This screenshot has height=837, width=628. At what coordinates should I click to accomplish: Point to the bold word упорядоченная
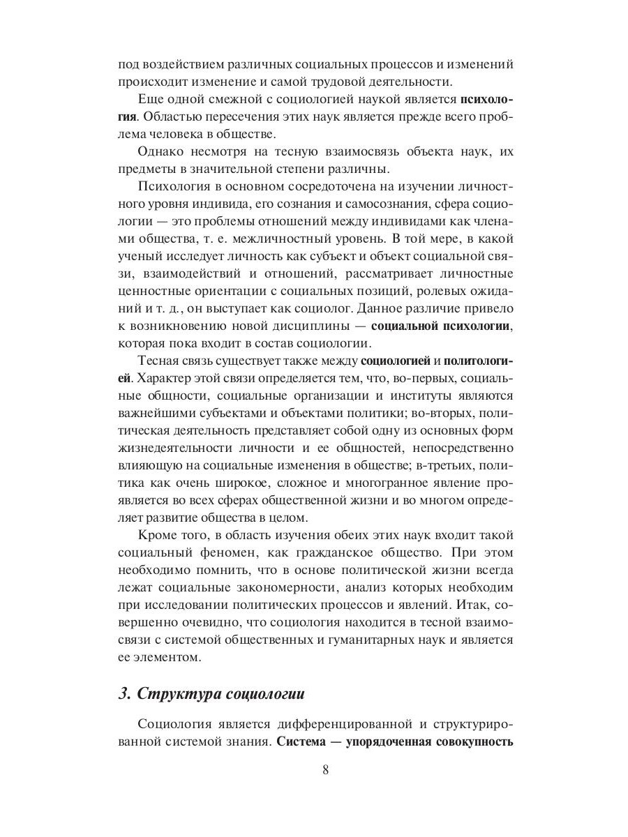coord(391,741)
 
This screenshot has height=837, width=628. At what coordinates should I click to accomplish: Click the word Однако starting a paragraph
coord(163,151)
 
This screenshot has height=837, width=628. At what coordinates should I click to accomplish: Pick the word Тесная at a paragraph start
coord(161,361)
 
